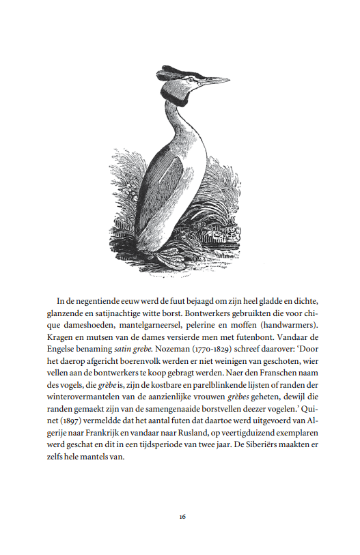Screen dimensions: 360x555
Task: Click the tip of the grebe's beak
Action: [230, 81]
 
